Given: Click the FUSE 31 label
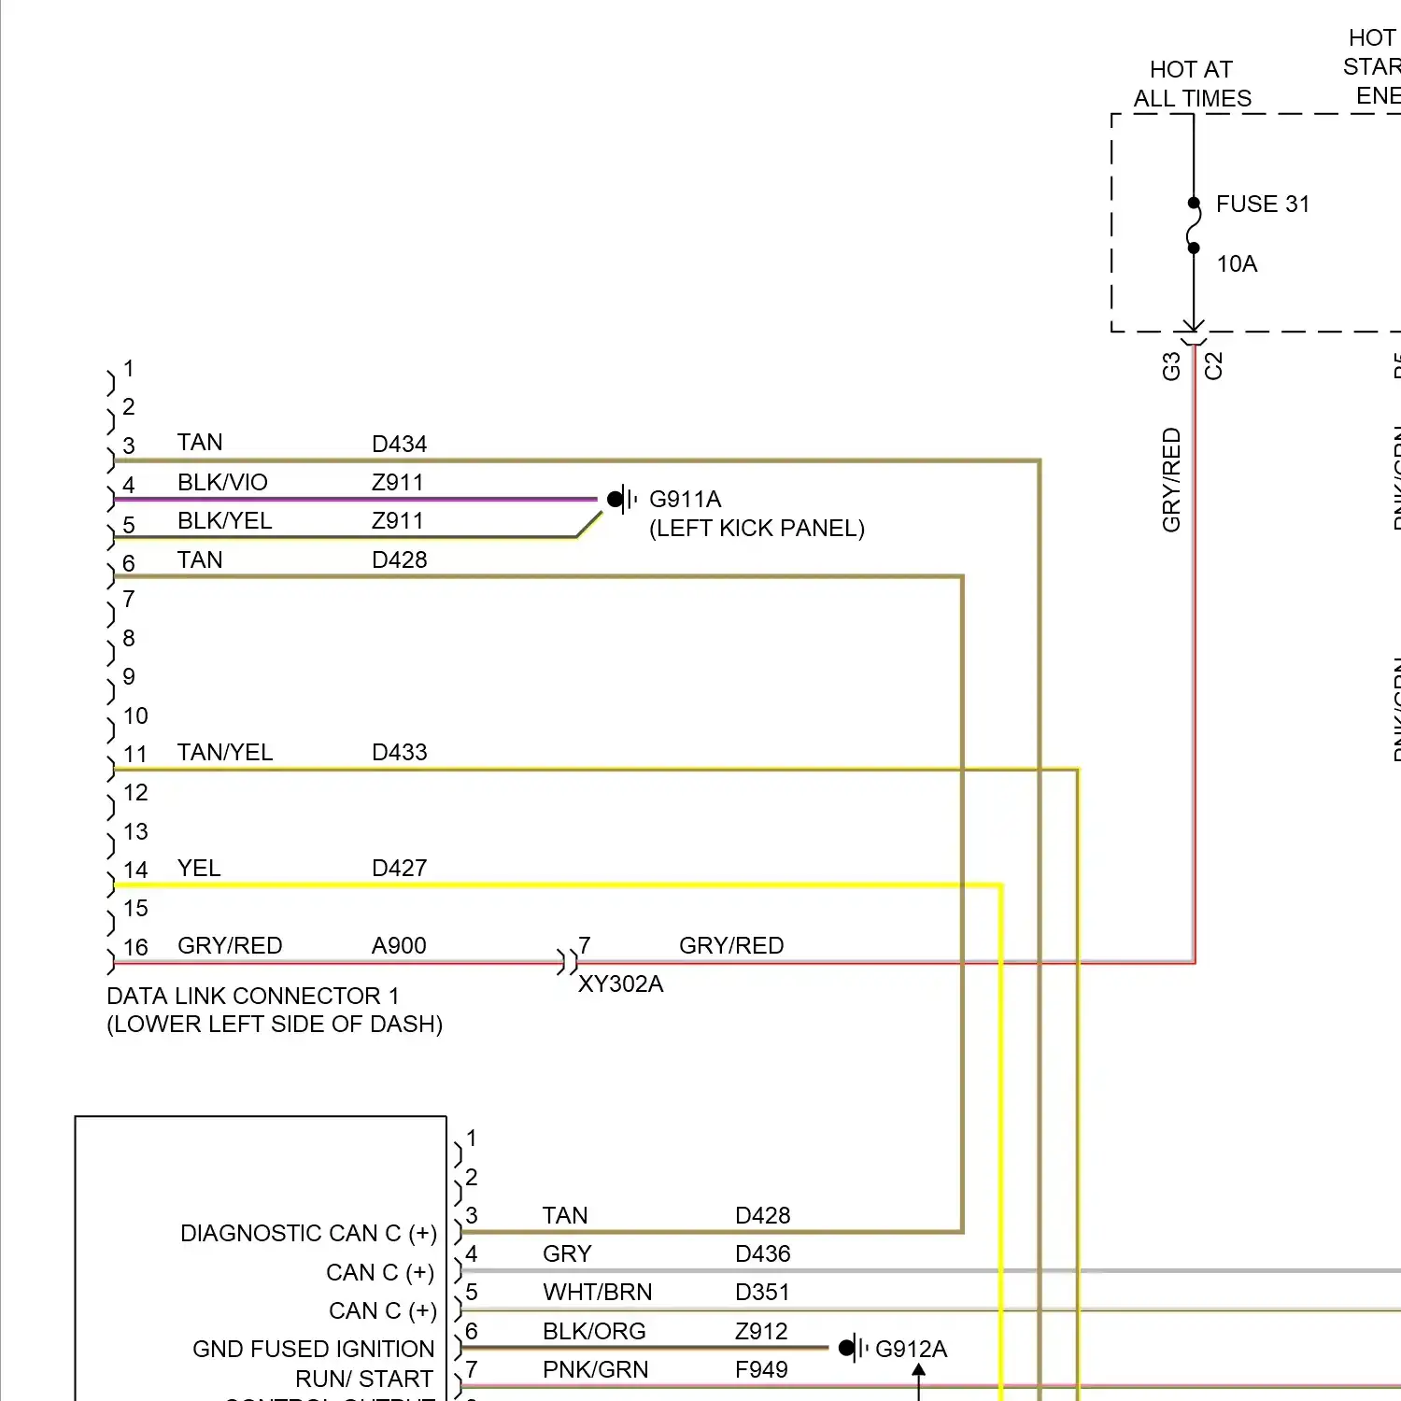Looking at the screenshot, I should point(1262,205).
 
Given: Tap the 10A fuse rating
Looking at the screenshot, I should point(1237,264).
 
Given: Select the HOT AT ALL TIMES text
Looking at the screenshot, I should point(1192,84).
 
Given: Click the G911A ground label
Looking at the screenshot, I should point(685,500).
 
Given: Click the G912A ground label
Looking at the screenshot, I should point(911,1349).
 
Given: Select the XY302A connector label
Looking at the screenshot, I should point(620,984).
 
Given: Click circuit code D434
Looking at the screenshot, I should point(399,444).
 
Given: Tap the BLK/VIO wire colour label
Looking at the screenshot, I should point(222,483).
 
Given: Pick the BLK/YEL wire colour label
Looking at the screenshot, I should point(224,521).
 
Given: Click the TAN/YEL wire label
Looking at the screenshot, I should point(225,753).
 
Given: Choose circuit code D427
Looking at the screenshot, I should point(399,869).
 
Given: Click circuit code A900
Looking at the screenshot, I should point(399,946).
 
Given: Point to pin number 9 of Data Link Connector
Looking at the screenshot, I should point(129,677).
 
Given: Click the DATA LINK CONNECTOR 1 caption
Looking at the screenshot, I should point(253,997).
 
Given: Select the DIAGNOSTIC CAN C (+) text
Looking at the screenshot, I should point(308,1234).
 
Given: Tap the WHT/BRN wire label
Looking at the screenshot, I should point(597,1293).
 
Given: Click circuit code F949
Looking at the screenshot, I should point(761,1370).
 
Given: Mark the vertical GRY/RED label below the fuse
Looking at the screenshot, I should point(1171,480).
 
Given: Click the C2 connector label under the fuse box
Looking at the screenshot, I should point(1213,365).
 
